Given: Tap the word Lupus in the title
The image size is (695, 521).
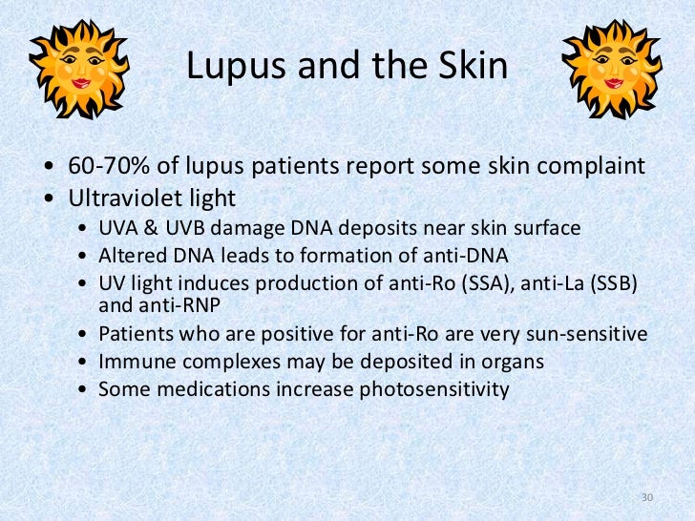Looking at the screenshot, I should [x=229, y=66].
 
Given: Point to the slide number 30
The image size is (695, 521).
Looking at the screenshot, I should [x=647, y=498].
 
